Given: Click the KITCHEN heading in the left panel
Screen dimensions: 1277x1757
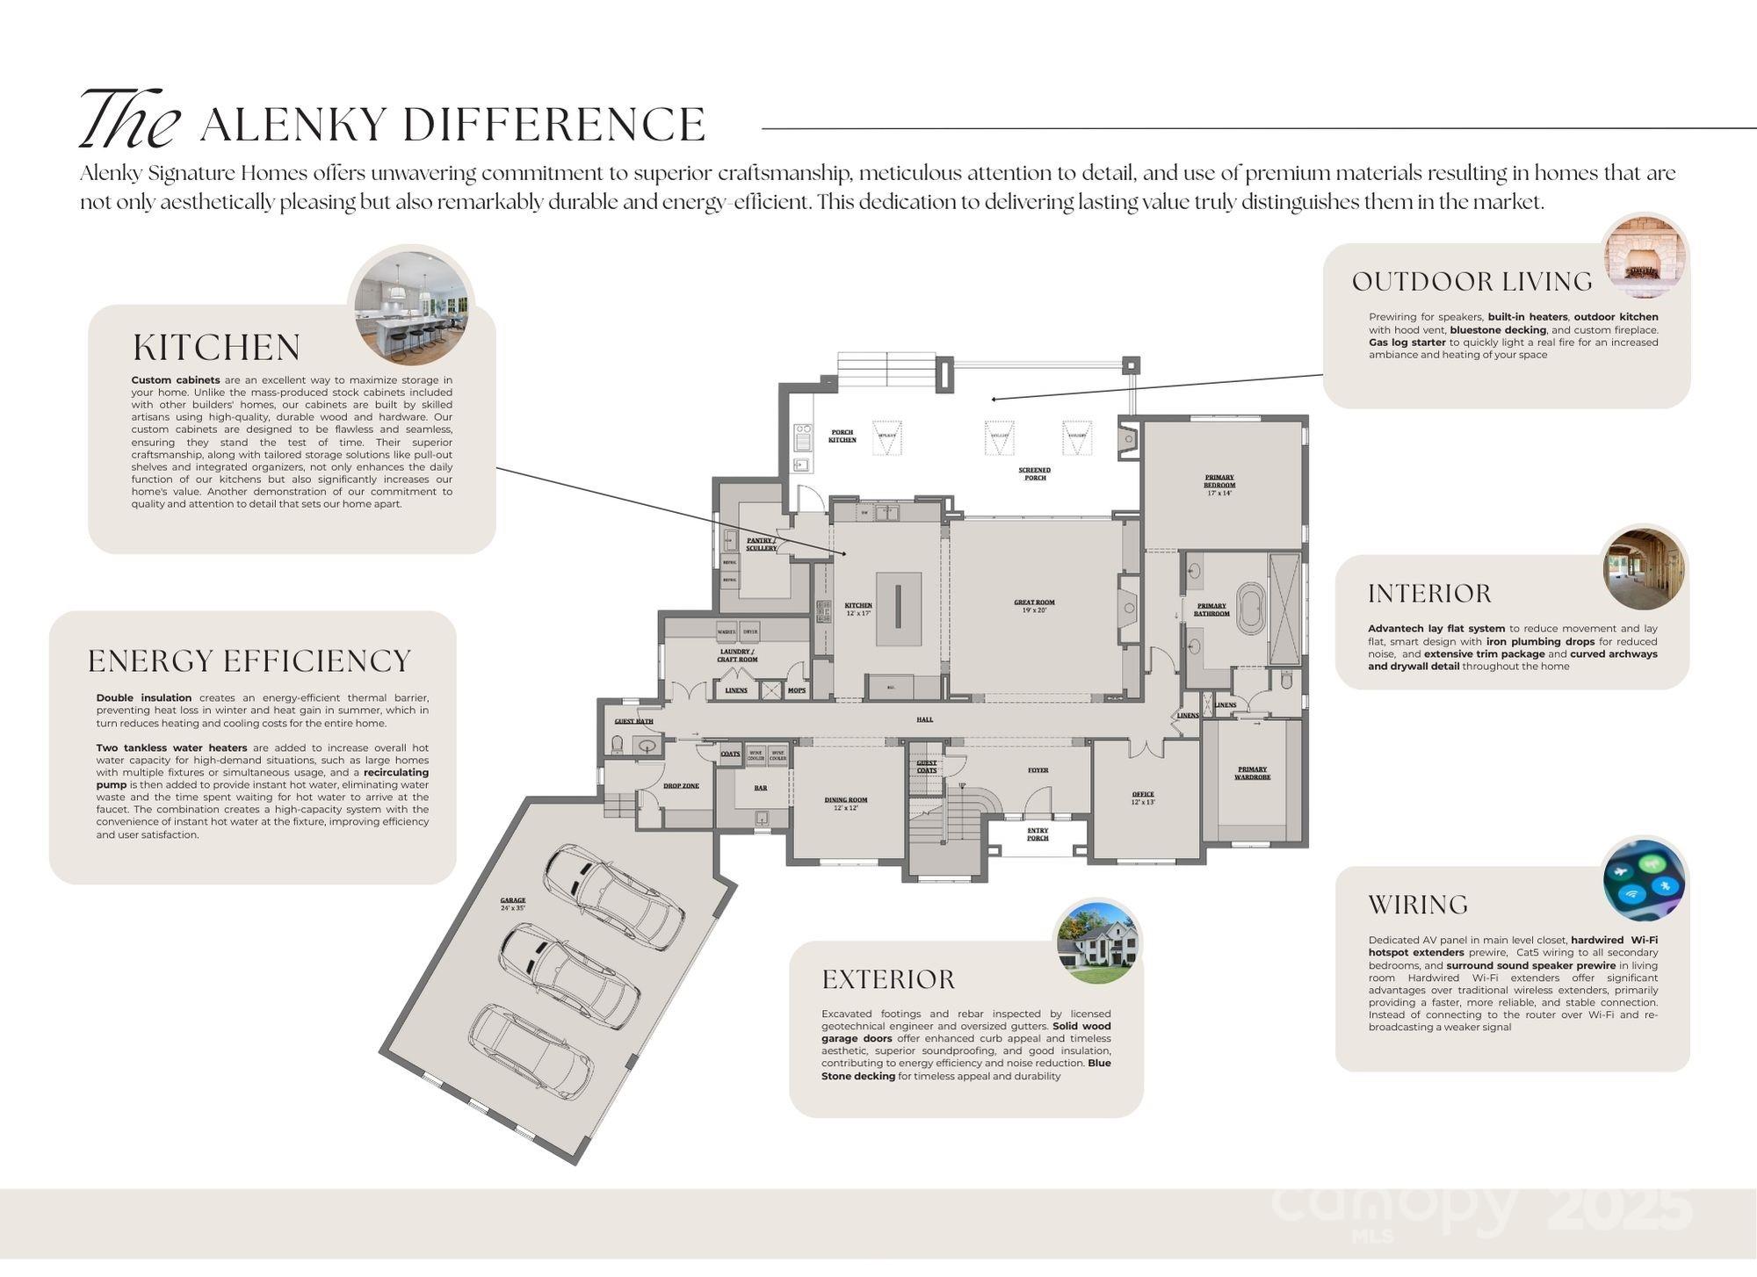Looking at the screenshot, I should pyautogui.click(x=216, y=348).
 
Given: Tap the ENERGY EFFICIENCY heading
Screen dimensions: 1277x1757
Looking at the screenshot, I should pyautogui.click(x=249, y=660).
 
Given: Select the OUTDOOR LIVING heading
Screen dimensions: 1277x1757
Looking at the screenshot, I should pyautogui.click(x=1471, y=282).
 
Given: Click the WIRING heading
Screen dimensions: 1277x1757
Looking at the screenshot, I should pyautogui.click(x=1418, y=905).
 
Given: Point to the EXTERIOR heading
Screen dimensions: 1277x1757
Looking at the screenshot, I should pyautogui.click(x=888, y=979).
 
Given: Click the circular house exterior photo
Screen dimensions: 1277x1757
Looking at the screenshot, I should pyautogui.click(x=1097, y=942).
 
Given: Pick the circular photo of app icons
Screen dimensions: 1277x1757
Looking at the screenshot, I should pyautogui.click(x=1644, y=879).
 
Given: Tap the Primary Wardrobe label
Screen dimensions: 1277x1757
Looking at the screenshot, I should pyautogui.click(x=1252, y=773).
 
